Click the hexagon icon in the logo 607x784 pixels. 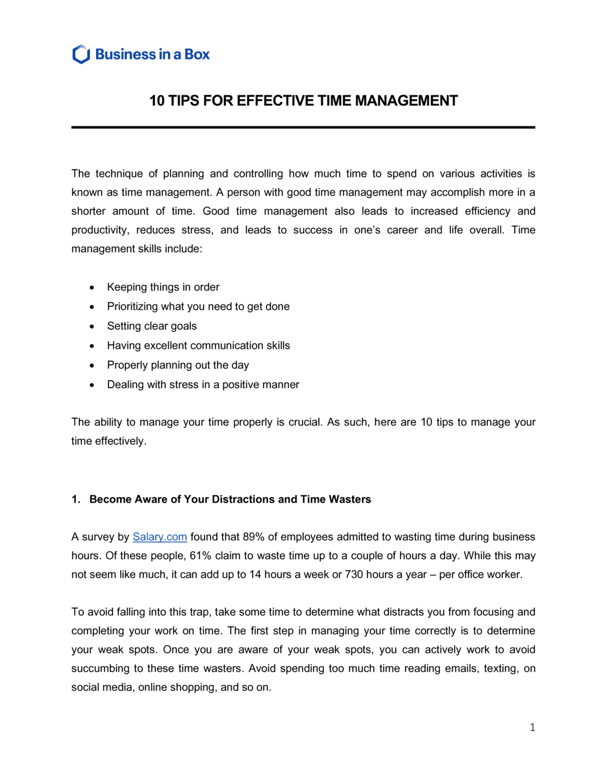tap(81, 54)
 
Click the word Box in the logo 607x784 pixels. tap(197, 54)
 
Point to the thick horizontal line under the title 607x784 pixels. tap(303, 127)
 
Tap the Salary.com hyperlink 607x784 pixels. tap(160, 537)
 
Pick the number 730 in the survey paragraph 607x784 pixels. tap(353, 574)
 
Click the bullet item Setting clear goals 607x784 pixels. tap(152, 326)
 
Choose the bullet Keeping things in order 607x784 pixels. tap(163, 287)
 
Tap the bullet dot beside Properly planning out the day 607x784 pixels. tap(92, 365)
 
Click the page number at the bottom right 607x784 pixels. tap(532, 727)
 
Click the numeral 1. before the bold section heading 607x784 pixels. tap(75, 499)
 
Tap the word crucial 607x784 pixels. tap(304, 422)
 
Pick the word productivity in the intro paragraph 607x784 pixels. tap(100, 230)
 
